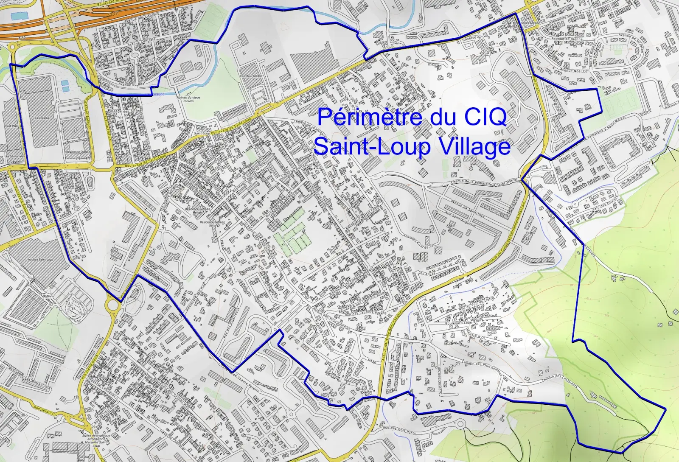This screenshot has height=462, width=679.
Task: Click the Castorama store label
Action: (42, 118)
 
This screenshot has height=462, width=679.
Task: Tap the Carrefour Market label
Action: (252, 76)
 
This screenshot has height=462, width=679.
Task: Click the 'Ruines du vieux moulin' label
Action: (189, 99)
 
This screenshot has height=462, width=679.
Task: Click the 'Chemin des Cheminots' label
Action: (559, 381)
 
